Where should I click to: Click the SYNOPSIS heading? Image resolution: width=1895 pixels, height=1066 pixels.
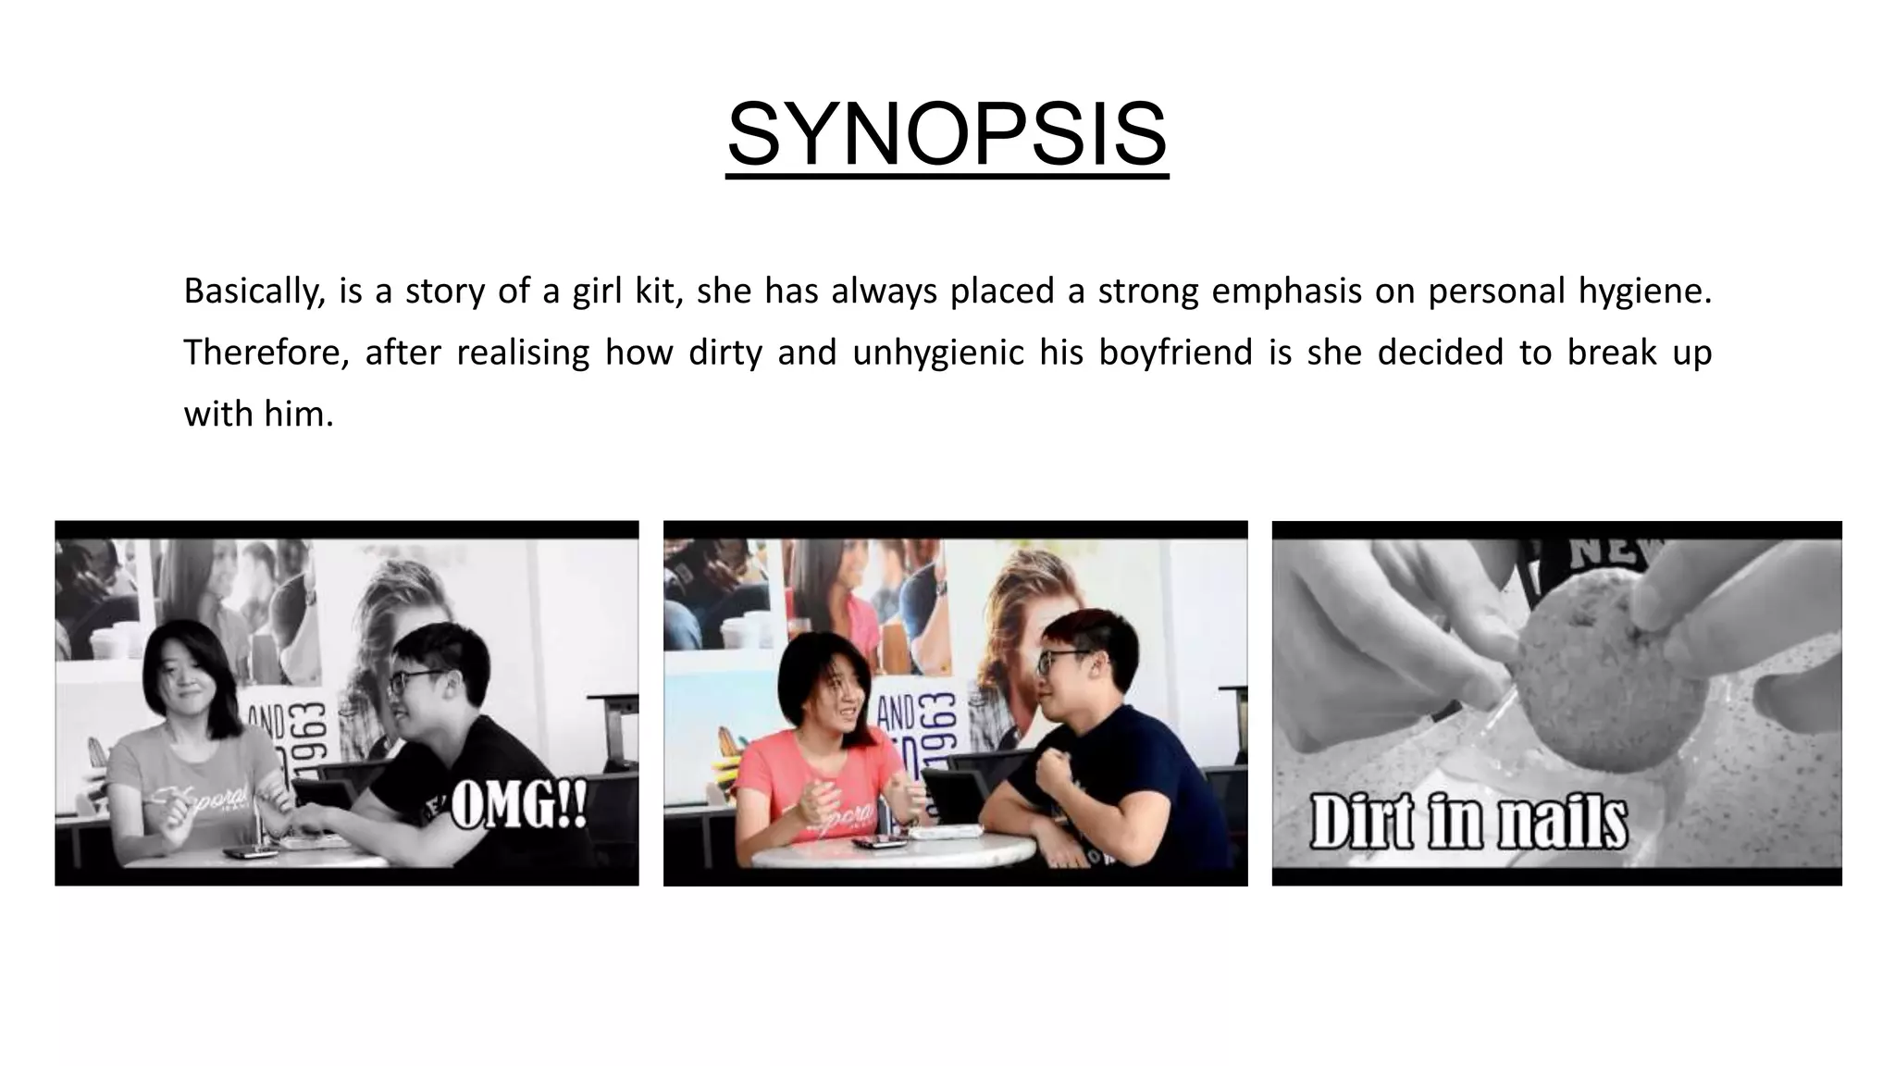point(947,136)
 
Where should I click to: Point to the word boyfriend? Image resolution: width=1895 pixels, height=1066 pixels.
point(1175,353)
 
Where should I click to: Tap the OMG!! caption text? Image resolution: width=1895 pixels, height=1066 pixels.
point(519,807)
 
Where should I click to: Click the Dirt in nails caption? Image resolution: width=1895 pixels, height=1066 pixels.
point(1468,822)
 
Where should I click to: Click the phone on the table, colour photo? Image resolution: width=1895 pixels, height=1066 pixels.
point(875,842)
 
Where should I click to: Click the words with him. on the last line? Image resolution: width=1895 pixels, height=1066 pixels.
point(258,414)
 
